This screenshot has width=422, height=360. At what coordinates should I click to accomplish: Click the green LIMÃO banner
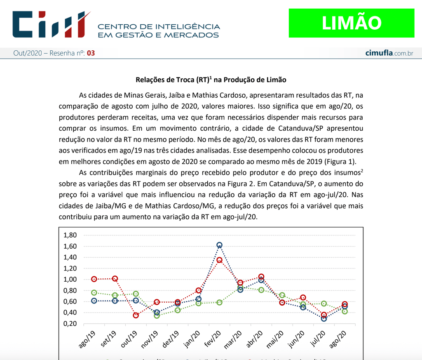(x=351, y=23)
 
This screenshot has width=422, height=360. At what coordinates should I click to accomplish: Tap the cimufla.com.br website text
(x=389, y=53)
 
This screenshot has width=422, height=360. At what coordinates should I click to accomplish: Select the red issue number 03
(x=91, y=53)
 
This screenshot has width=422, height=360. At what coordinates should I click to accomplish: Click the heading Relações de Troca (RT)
(x=211, y=80)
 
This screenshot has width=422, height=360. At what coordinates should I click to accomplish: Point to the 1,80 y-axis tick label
(x=70, y=235)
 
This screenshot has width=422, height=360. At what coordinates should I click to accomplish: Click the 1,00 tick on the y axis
(x=70, y=280)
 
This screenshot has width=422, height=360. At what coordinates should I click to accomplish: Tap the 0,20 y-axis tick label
(x=70, y=324)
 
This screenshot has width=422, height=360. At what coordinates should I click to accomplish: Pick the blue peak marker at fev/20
(x=219, y=245)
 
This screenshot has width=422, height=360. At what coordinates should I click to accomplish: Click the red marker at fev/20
(x=219, y=260)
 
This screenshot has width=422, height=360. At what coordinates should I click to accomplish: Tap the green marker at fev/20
(x=219, y=302)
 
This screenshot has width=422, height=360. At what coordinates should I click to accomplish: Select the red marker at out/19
(x=136, y=315)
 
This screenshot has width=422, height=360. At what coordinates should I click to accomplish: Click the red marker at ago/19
(x=94, y=279)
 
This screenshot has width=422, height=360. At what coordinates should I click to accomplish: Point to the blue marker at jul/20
(x=324, y=318)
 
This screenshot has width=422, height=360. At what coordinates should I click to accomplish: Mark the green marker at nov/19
(x=157, y=315)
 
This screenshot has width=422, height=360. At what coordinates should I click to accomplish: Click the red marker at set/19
(x=115, y=279)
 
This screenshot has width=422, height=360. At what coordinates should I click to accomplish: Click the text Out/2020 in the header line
(x=27, y=53)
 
